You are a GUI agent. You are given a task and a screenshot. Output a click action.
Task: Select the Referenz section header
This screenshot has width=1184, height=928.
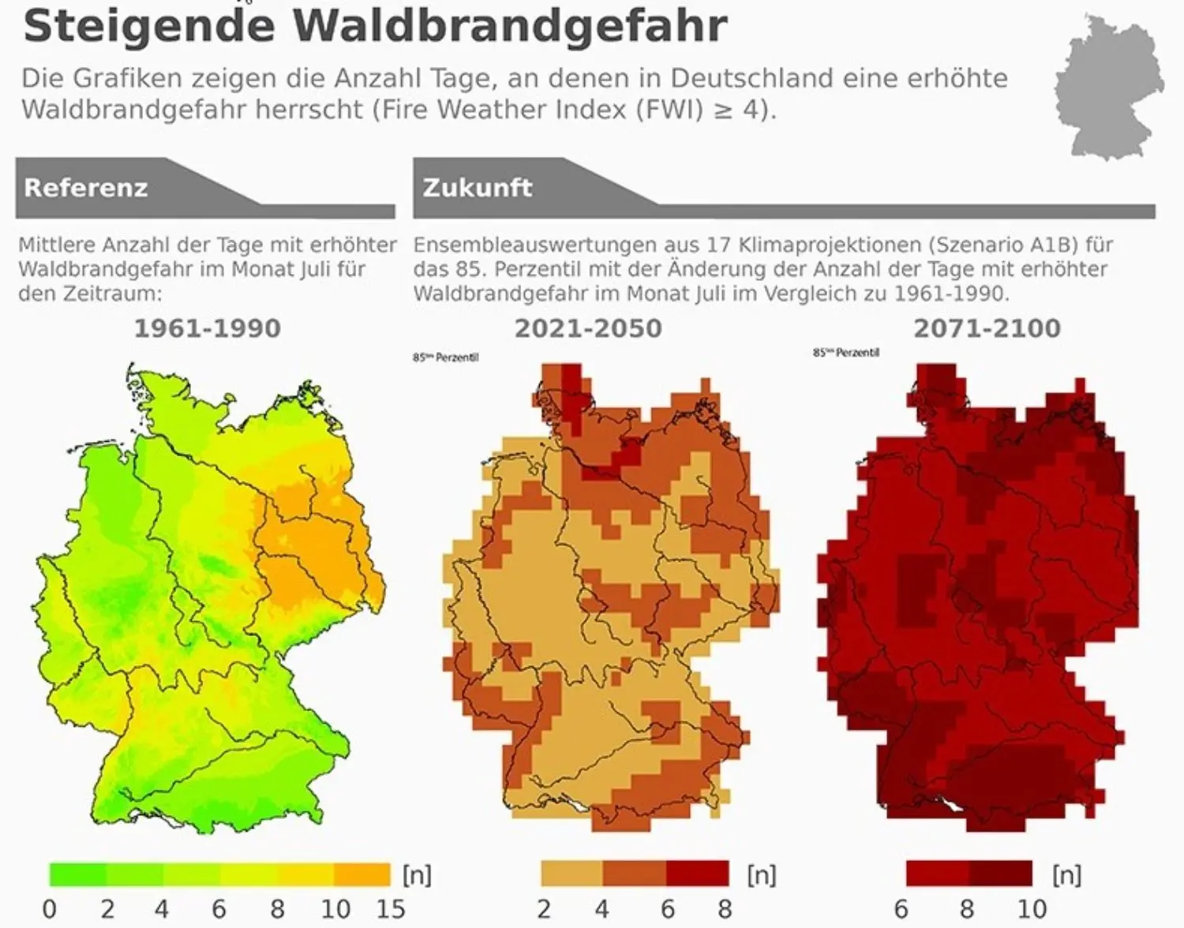[86, 188]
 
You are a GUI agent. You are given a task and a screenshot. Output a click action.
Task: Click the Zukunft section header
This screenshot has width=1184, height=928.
[477, 188]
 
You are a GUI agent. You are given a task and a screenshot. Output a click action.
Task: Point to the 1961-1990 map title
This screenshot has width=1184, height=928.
[207, 328]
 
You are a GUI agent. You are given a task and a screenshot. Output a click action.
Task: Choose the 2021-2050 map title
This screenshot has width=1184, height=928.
[588, 328]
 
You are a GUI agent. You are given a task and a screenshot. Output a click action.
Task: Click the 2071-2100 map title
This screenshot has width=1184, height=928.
[987, 328]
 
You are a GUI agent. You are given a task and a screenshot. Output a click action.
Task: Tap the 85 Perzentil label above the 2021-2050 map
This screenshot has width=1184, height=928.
[445, 357]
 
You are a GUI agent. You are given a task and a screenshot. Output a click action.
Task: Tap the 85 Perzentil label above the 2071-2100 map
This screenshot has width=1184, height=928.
[845, 353]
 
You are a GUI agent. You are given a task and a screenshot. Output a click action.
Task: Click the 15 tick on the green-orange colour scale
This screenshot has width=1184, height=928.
[390, 909]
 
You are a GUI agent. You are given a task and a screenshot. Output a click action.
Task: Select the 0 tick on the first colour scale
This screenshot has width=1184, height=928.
[49, 909]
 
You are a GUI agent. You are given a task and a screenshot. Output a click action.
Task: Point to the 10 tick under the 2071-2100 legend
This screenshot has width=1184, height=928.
[1032, 909]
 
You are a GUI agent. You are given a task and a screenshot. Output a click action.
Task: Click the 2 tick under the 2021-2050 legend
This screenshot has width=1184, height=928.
[543, 909]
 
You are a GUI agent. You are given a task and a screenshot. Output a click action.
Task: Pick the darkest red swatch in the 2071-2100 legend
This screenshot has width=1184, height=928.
[1000, 874]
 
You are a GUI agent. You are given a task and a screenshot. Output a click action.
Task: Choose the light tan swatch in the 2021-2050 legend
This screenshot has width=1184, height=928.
[571, 874]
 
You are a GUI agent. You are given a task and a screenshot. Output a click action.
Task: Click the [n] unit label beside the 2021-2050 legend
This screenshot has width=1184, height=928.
[762, 874]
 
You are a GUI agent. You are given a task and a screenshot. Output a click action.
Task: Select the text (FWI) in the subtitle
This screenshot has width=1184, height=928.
[669, 110]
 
